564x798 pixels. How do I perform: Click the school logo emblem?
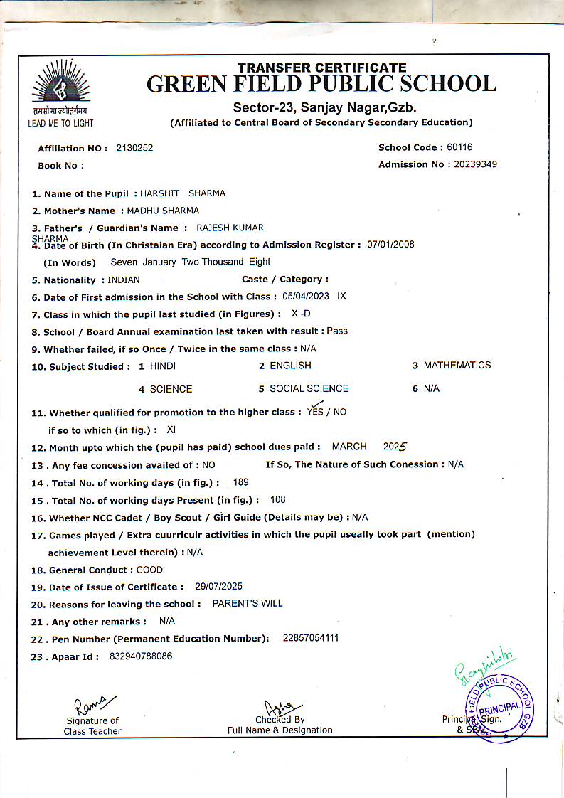pyautogui.click(x=61, y=85)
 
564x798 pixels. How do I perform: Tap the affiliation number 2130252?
pyautogui.click(x=134, y=148)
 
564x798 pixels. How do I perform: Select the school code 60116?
pyautogui.click(x=459, y=147)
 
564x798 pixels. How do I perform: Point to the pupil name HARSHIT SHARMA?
pyautogui.click(x=183, y=193)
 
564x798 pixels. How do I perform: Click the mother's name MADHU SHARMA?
pyautogui.click(x=163, y=211)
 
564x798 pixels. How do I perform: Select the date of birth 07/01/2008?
pyautogui.click(x=390, y=244)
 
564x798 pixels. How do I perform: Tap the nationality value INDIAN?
pyautogui.click(x=124, y=280)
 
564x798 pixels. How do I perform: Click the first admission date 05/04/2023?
pyautogui.click(x=307, y=297)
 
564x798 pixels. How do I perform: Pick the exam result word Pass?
pyautogui.click(x=337, y=331)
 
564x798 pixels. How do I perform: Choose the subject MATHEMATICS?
pyautogui.click(x=457, y=365)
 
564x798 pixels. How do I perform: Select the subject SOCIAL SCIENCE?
pyautogui.click(x=309, y=388)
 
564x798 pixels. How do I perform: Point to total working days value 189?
pyautogui.click(x=240, y=482)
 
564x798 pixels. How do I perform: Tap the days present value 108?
pyautogui.click(x=278, y=499)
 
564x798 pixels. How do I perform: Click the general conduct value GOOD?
pyautogui.click(x=149, y=570)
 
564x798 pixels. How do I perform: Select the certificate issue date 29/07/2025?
pyautogui.click(x=218, y=587)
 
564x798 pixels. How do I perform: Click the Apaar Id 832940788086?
pyautogui.click(x=141, y=656)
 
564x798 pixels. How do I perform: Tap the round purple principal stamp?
pyautogui.click(x=499, y=706)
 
